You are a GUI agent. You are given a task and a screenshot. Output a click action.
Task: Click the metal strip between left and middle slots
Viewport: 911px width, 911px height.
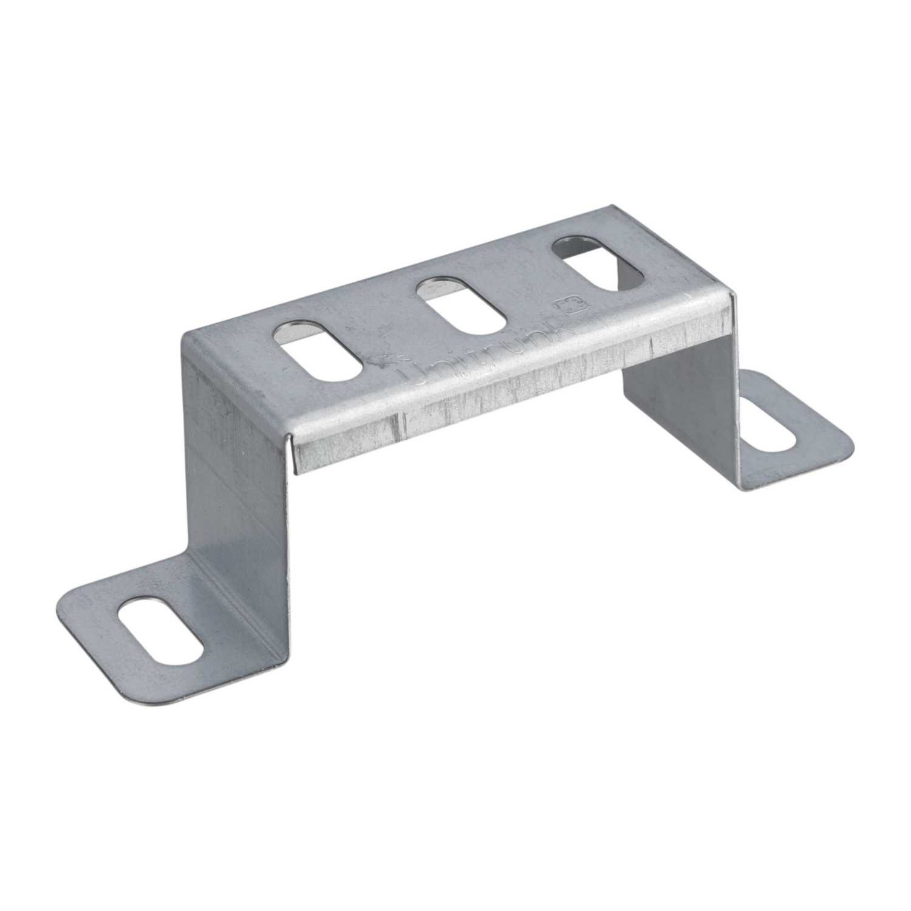[389, 331]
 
